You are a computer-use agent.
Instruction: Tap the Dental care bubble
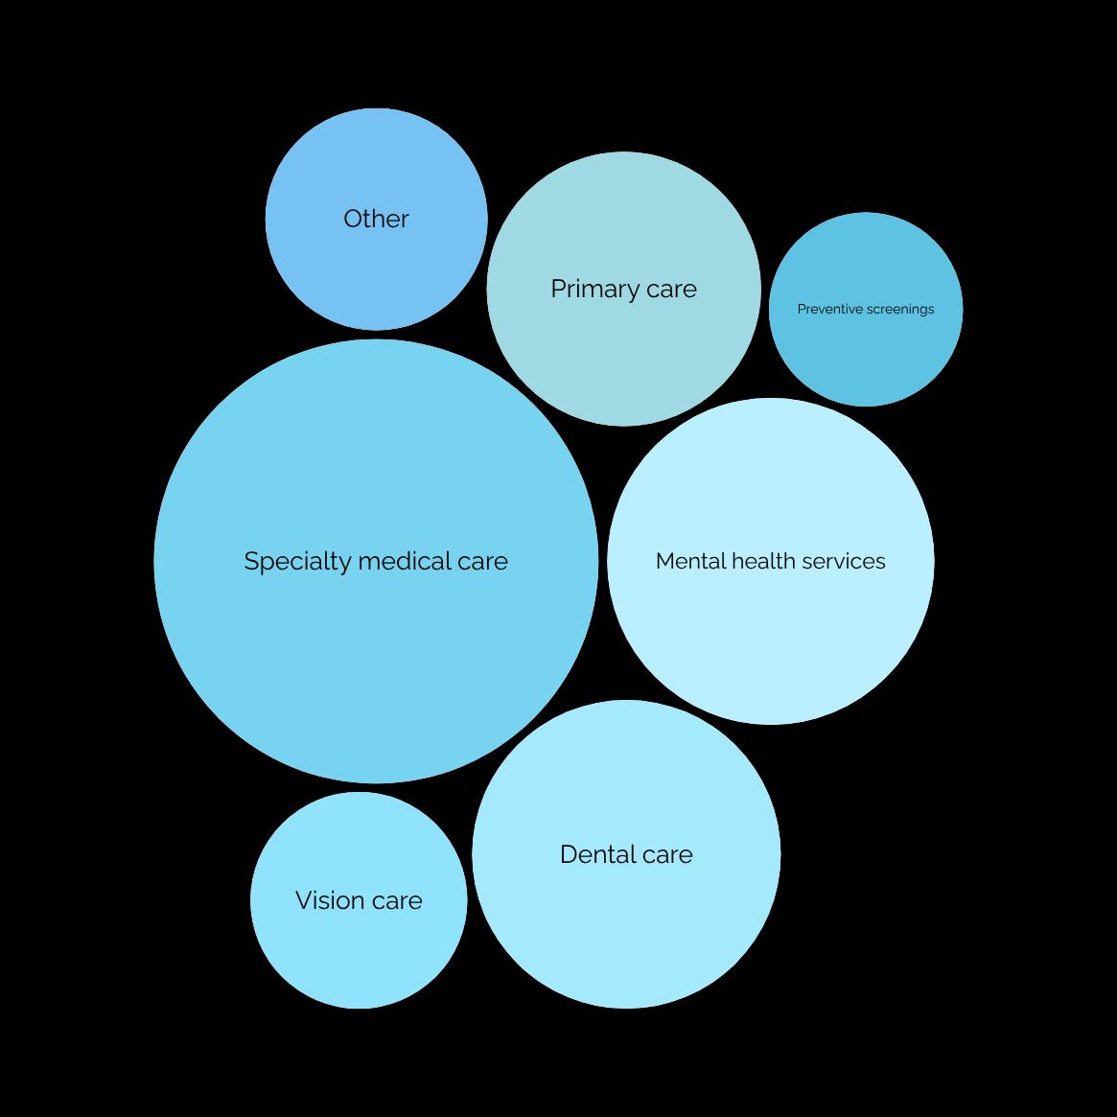[626, 920]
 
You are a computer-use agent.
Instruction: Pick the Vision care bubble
[359, 949]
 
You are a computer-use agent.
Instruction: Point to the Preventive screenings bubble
[866, 355]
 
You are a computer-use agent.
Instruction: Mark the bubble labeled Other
[376, 268]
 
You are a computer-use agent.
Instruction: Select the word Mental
[685, 561]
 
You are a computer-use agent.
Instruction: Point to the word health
[757, 561]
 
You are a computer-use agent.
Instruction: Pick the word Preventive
[829, 309]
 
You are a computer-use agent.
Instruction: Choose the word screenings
[899, 310]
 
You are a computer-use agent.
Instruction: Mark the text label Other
[376, 219]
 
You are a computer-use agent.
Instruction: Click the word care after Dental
[667, 855]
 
